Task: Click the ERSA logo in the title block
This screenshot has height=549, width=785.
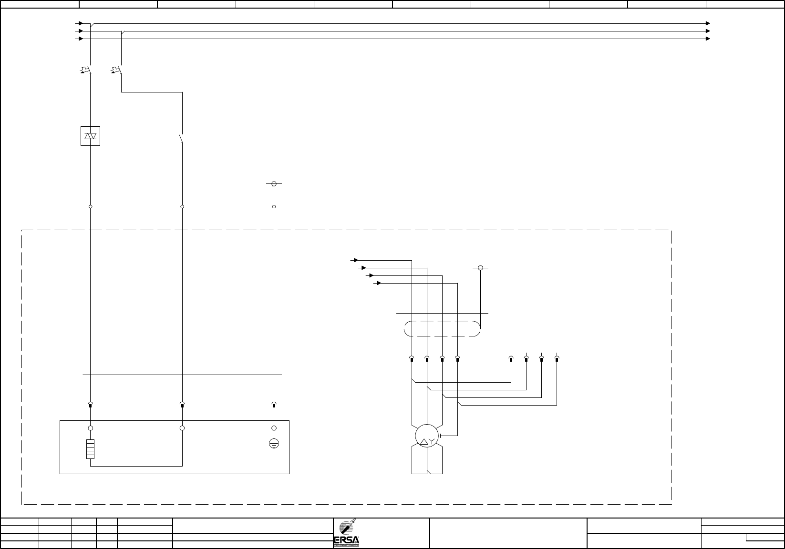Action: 346,533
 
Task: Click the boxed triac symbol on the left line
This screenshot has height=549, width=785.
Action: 90,136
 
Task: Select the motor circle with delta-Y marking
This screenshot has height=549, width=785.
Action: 426,435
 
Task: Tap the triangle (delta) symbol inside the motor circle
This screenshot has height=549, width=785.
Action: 423,442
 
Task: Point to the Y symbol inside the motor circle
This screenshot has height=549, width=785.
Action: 431,442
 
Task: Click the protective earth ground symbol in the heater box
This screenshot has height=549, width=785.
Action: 274,444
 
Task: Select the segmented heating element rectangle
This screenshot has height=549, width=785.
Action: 90,449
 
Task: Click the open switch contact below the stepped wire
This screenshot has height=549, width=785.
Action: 181,139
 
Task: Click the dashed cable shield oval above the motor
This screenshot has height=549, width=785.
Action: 442,329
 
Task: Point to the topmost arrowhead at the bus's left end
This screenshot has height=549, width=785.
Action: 82,23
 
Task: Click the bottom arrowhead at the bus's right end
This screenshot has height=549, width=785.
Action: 708,39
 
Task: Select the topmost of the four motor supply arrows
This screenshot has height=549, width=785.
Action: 356,260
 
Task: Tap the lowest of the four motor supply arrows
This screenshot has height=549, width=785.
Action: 379,283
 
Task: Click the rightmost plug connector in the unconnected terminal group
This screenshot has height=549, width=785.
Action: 557,358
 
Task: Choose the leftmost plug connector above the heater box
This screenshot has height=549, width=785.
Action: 91,405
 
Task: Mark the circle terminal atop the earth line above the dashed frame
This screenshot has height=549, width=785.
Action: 274,183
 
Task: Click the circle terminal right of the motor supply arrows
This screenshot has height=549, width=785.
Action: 480,268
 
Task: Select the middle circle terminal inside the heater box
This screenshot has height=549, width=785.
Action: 182,428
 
